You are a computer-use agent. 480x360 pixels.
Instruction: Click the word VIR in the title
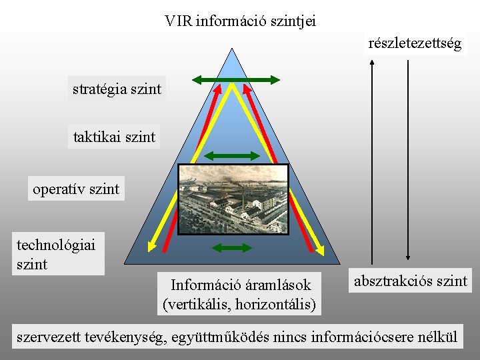click(x=177, y=21)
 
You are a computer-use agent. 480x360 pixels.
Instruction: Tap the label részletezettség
click(x=415, y=44)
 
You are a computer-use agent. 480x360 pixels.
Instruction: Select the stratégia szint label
click(x=117, y=88)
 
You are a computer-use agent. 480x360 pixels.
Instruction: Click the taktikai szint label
click(x=114, y=137)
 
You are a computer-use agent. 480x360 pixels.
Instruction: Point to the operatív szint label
click(x=76, y=189)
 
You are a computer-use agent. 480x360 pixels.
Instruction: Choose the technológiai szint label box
click(x=57, y=254)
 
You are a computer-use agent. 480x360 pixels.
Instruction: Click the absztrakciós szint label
click(x=411, y=281)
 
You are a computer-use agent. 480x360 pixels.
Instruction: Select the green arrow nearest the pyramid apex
click(x=235, y=80)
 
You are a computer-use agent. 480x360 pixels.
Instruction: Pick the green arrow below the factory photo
click(x=231, y=248)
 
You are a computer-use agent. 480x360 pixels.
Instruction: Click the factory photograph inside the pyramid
click(x=233, y=199)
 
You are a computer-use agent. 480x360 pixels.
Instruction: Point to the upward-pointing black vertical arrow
click(x=371, y=160)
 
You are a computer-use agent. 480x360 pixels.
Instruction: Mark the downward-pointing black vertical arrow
click(x=408, y=160)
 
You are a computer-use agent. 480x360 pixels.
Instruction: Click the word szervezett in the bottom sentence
click(x=47, y=337)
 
